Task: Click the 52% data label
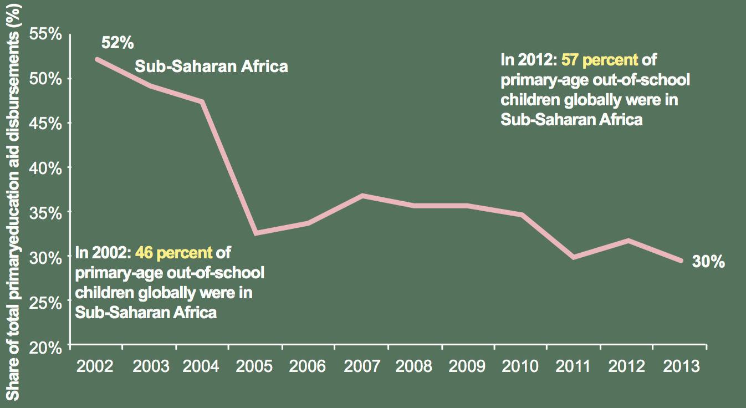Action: coord(117,43)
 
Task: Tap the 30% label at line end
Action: coord(708,262)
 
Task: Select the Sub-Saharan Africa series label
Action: coord(212,67)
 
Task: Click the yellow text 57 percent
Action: coord(600,59)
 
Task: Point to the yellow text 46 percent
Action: coord(173,253)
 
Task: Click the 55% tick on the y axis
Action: coord(45,34)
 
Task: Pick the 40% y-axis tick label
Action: coord(45,167)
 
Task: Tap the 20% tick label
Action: coord(45,347)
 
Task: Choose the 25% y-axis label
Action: coord(45,303)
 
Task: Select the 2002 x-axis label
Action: coord(96,366)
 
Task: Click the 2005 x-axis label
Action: coord(255,366)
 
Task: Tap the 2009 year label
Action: coord(467,366)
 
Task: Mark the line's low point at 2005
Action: coord(256,233)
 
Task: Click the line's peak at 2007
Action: coord(362,196)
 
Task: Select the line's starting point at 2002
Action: coord(97,59)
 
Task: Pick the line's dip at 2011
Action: coord(574,257)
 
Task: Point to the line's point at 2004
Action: coord(202,101)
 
